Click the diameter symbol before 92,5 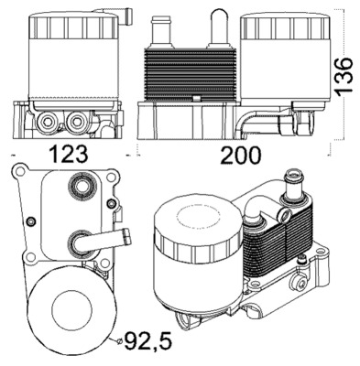click(119, 342)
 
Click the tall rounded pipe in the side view click(220, 26)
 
